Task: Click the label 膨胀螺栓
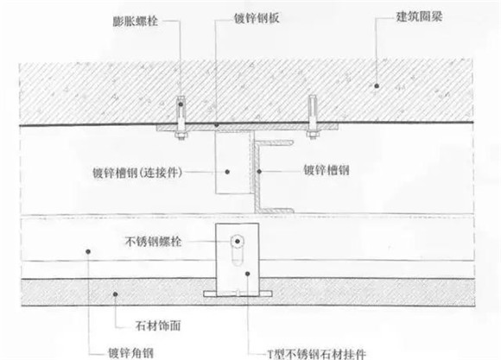point(136,21)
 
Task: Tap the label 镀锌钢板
point(257,18)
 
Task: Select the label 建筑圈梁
point(419,16)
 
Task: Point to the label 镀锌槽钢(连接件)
point(137,173)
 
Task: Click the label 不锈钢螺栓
point(154,242)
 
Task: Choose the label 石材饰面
point(158,325)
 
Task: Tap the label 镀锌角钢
point(130,353)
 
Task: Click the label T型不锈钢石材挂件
point(317,354)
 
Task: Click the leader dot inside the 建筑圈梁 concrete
point(377,85)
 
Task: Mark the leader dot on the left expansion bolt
point(181,104)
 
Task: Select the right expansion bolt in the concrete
point(312,117)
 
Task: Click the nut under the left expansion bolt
point(181,136)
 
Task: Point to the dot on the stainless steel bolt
point(238,241)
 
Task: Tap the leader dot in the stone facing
point(116,294)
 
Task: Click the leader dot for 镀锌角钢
point(88,252)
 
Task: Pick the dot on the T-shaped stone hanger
point(247,274)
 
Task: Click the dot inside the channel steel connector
point(227,172)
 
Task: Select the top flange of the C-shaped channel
point(275,142)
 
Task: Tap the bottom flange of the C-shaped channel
point(275,211)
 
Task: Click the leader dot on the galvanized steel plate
point(217,124)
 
